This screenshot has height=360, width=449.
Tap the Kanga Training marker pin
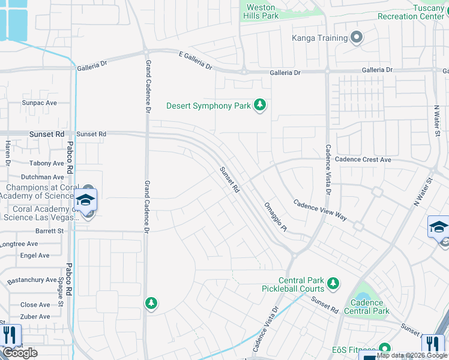pyautogui.click(x=357, y=38)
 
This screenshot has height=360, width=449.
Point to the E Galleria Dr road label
pyautogui.click(x=196, y=59)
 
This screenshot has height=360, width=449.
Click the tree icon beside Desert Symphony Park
pyautogui.click(x=259, y=106)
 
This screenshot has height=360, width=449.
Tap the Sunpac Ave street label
pyautogui.click(x=39, y=103)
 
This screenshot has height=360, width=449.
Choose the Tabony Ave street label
pyautogui.click(x=46, y=163)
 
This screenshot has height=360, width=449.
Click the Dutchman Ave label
pyautogui.click(x=42, y=177)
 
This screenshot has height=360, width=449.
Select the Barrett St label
pyautogui.click(x=49, y=230)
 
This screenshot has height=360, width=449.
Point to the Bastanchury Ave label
pyautogui.click(x=31, y=280)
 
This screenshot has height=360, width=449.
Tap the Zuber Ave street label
pyautogui.click(x=35, y=316)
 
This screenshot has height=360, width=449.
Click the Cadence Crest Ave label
pyautogui.click(x=363, y=160)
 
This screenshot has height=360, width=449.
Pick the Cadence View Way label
pyautogui.click(x=320, y=209)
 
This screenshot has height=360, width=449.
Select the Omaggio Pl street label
pyautogui.click(x=276, y=217)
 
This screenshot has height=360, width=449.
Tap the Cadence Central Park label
pyautogui.click(x=366, y=307)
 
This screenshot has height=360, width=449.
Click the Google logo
pyautogui.click(x=20, y=353)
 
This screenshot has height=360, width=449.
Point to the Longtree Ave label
pyautogui.click(x=19, y=244)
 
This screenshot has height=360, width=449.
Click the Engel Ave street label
pyautogui.click(x=35, y=255)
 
